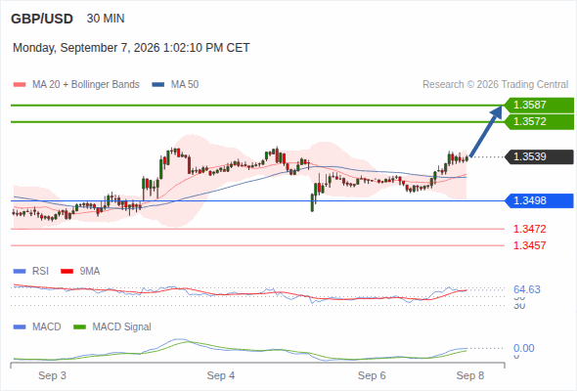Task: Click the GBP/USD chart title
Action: click(x=42, y=19)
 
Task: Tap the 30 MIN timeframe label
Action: click(x=106, y=19)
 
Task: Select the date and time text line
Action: click(x=131, y=48)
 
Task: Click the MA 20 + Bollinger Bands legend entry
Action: click(x=76, y=85)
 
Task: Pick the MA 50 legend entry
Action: click(x=175, y=85)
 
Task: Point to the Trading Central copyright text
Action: click(x=495, y=85)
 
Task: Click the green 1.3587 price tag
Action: click(x=539, y=105)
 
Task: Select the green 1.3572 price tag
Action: click(x=539, y=121)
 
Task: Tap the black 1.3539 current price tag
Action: click(x=539, y=156)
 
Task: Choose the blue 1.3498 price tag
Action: click(x=539, y=200)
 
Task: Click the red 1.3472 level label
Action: click(x=529, y=229)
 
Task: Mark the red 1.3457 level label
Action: click(x=529, y=245)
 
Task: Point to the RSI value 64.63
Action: click(x=527, y=289)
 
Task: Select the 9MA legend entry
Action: click(x=80, y=272)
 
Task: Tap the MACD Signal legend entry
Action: click(x=112, y=326)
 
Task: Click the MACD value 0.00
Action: click(x=523, y=348)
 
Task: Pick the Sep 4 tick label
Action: click(x=221, y=375)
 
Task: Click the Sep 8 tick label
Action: click(x=470, y=375)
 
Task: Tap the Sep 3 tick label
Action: click(x=52, y=375)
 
